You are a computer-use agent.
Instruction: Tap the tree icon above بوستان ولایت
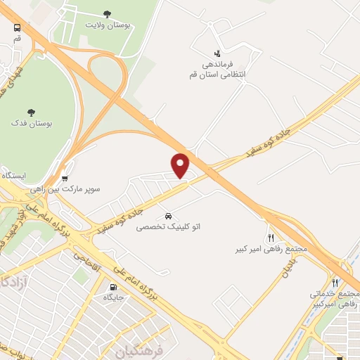tap(107, 13)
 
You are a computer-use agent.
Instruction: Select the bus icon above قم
tap(17, 28)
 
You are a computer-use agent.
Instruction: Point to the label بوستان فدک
tap(30, 123)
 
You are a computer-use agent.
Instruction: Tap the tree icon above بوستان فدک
tap(31, 112)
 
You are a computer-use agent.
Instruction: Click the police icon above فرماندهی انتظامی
tap(217, 53)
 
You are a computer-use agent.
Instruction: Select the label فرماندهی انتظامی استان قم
tap(216, 68)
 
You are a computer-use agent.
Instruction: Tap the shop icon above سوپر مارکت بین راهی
tap(65, 179)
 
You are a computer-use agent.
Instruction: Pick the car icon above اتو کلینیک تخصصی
tap(168, 215)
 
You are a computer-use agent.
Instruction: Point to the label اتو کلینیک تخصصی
tap(168, 226)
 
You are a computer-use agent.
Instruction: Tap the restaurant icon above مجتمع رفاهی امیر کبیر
tap(271, 238)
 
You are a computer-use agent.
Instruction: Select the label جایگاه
tap(115, 298)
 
